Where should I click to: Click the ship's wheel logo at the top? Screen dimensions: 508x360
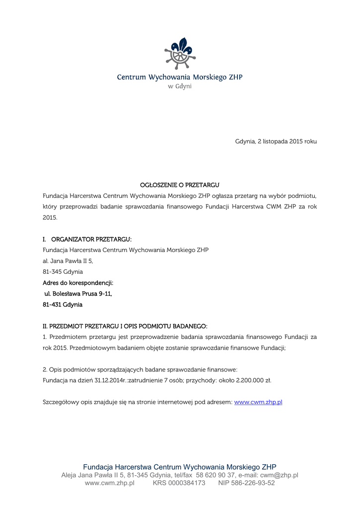(179, 54)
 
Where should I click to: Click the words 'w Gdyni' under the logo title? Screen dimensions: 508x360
(179, 86)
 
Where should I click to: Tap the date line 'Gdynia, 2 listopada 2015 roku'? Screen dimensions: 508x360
(276, 141)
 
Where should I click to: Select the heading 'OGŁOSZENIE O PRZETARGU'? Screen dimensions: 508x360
(179, 185)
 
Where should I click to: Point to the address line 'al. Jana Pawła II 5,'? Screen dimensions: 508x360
(68, 261)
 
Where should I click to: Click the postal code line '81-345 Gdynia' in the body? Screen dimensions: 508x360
(63, 272)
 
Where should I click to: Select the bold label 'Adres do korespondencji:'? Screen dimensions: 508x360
(78, 283)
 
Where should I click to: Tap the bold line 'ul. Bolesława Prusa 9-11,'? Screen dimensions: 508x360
(78, 294)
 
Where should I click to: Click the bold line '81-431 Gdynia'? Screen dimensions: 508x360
(63, 305)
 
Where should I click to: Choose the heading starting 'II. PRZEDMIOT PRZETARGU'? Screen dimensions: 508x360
(125, 326)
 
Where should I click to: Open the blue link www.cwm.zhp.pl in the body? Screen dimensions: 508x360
(258, 402)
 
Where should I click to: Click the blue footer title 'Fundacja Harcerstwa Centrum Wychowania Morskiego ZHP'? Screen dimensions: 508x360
(179, 467)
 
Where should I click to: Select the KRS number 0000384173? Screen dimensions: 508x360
(187, 483)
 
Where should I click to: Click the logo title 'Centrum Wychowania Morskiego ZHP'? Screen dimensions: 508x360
(179, 77)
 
